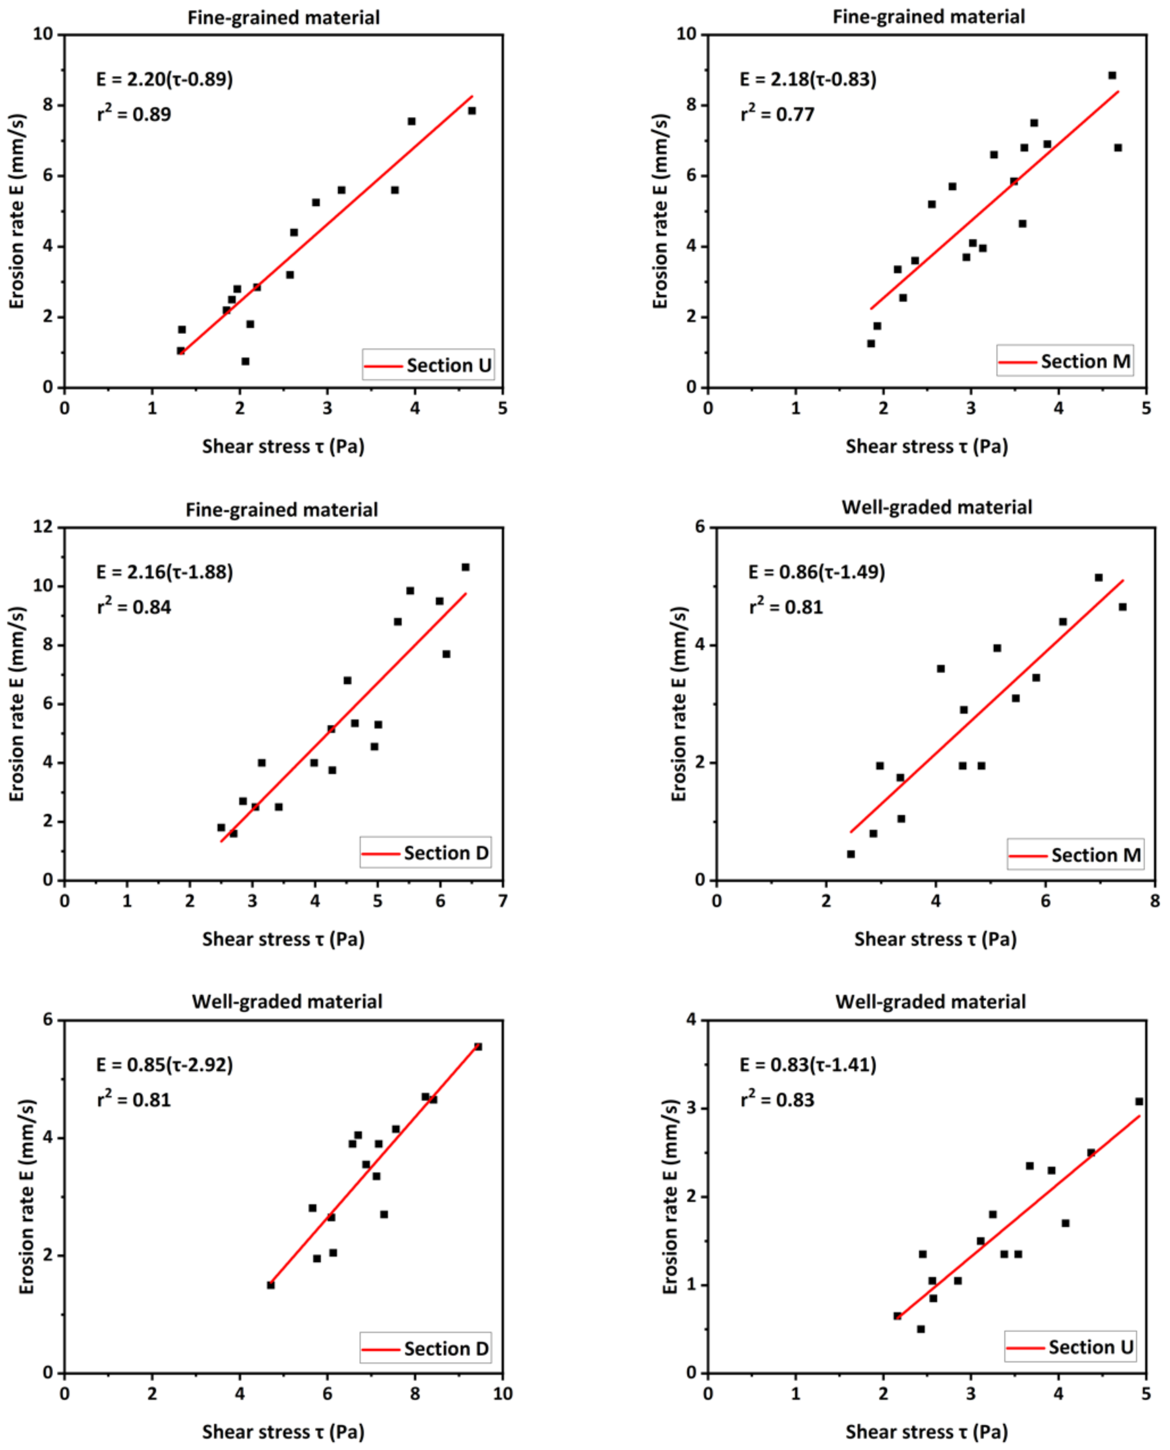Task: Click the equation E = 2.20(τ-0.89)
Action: (164, 79)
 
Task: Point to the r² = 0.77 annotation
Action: (777, 113)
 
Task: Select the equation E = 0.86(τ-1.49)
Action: (816, 572)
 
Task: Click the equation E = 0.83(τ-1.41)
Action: (808, 1065)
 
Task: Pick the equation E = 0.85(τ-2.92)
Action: (164, 1065)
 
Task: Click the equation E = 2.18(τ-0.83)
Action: (808, 79)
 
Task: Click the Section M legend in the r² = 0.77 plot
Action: (1065, 362)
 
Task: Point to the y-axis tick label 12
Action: (43, 527)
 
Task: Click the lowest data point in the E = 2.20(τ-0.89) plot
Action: (245, 362)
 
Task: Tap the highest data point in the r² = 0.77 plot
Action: (1112, 75)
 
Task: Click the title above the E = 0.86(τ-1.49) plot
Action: (937, 507)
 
